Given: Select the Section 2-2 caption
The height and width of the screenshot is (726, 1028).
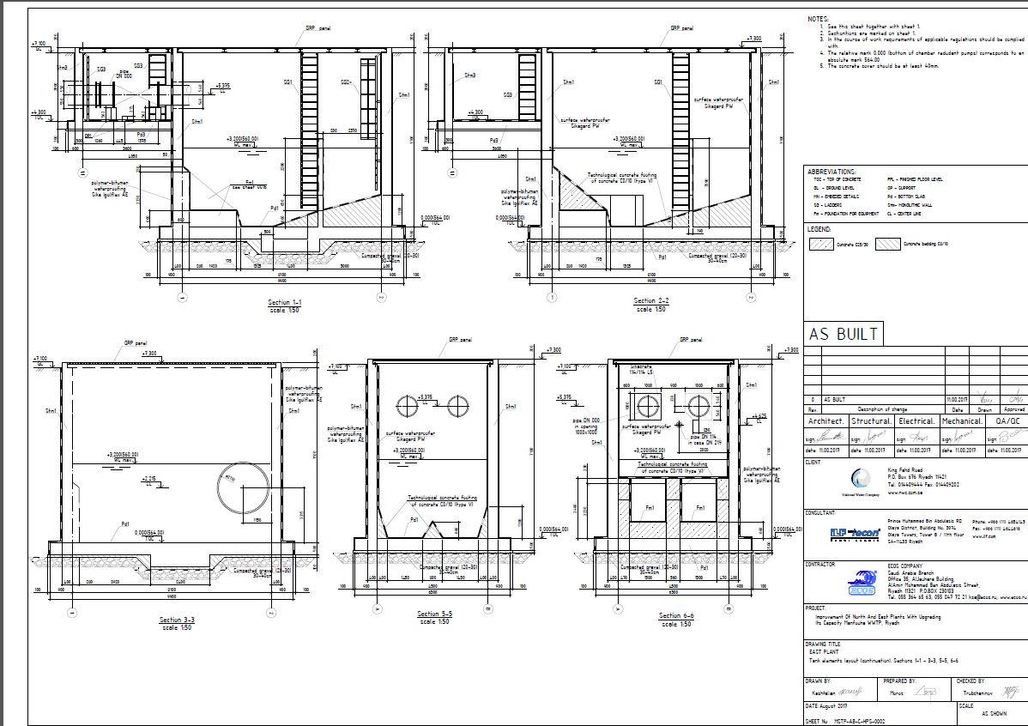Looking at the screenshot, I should pos(651,301).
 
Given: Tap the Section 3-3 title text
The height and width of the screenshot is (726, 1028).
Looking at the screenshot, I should pos(177,620).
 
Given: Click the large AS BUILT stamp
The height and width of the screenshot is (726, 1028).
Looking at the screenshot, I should pos(844,334).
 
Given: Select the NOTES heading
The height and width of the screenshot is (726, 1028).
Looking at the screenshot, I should pos(819,19).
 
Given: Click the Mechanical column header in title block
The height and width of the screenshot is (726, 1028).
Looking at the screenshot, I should pos(961,421).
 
